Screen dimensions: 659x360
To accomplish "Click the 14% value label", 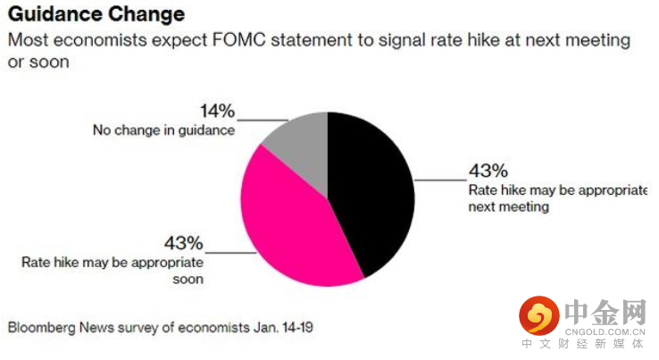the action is coord(217,111).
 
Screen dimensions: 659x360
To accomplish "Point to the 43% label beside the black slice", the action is coord(488,171).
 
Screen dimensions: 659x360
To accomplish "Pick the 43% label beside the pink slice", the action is coord(184,243).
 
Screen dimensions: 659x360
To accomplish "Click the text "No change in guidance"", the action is coord(164,130).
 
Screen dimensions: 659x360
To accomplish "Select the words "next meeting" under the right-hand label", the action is coord(509,207).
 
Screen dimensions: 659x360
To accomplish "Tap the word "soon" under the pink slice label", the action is coord(188,280).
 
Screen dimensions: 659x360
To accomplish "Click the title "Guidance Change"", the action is coord(96,14).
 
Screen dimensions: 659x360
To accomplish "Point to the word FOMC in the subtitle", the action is coord(239,40).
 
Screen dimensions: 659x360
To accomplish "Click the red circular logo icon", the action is coord(539,315).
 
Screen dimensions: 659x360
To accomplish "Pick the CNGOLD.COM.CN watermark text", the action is coord(605,331).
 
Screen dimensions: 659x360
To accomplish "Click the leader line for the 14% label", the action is coord(263,121).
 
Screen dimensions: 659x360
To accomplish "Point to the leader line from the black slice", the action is coord(441,180).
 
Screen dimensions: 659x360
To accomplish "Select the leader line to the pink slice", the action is coord(230,253).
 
